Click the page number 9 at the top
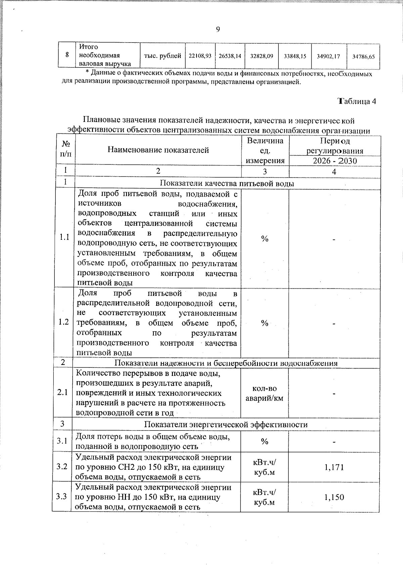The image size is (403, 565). coord(218,30)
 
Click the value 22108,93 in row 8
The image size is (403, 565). coord(200,56)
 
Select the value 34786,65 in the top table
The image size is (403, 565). coord(363,57)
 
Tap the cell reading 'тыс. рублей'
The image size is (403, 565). coord(163,56)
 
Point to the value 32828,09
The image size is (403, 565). coord(262,56)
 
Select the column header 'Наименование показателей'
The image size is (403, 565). coord(158,150)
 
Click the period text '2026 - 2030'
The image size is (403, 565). coord(334,161)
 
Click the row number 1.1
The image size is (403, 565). coord(64,237)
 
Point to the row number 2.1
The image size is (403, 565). coord(62,392)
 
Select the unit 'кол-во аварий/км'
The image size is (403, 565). coord(265,393)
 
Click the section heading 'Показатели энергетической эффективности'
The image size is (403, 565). coord(226,425)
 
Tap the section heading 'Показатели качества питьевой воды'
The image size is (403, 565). coord(227,183)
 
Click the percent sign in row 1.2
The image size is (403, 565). coord(265,323)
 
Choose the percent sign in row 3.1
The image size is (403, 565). coord(265,442)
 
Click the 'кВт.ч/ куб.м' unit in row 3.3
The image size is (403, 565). coord(264,497)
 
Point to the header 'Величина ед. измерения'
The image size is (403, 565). coord(265,151)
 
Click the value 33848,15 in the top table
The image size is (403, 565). coord(295,56)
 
